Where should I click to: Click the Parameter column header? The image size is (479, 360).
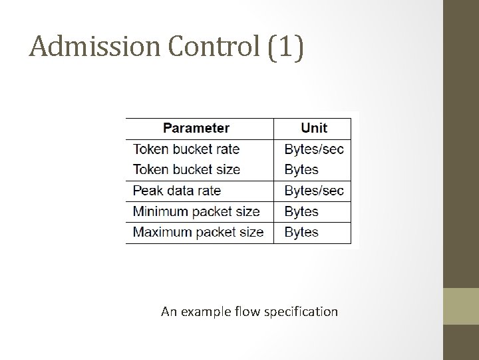(x=196, y=128)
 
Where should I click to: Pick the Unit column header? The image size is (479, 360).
(x=314, y=128)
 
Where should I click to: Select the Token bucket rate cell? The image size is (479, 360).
(x=186, y=149)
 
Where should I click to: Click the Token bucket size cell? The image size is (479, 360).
(x=186, y=169)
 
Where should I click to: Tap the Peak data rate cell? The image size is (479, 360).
(x=177, y=191)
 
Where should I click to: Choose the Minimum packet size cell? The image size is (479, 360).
(x=196, y=211)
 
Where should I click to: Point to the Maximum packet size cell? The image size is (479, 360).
(x=198, y=232)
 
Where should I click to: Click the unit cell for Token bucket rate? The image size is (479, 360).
(x=314, y=149)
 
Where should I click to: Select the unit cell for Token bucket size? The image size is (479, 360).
(x=301, y=169)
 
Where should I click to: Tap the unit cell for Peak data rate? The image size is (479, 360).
(x=314, y=191)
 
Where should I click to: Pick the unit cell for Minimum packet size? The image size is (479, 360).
(x=301, y=211)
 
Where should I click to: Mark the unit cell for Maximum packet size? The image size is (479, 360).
(x=301, y=232)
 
